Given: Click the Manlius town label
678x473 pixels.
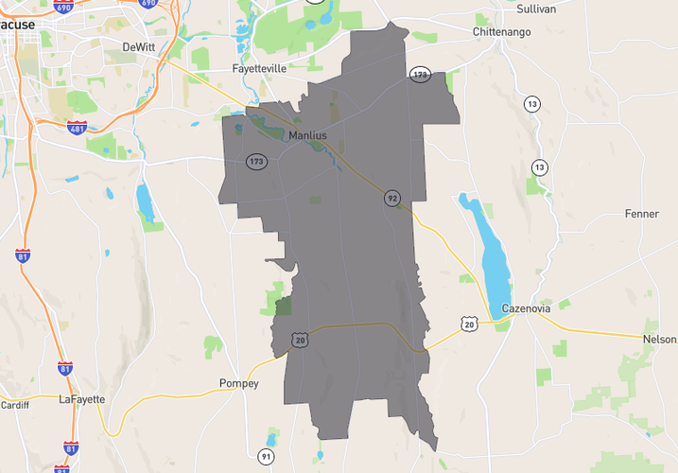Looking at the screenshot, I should click(x=307, y=136).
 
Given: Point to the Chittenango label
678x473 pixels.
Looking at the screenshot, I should click(x=501, y=32).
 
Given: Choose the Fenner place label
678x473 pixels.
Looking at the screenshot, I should click(x=641, y=214).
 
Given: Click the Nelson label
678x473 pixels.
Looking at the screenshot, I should click(x=659, y=339).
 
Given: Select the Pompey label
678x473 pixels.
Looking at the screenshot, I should click(x=237, y=383).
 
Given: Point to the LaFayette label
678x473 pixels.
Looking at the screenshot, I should click(x=81, y=399).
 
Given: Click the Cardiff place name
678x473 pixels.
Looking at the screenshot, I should click(x=14, y=405).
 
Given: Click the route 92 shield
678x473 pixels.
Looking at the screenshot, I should click(x=391, y=198).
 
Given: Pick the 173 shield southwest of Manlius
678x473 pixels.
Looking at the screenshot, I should click(x=255, y=162).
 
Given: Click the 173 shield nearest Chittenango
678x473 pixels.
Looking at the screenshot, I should click(x=420, y=74).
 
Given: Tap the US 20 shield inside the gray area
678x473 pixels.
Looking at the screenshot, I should click(x=301, y=339).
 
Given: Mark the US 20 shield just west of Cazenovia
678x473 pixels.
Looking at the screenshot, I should click(x=469, y=324).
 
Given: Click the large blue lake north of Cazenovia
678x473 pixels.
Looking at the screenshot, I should click(x=487, y=251).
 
